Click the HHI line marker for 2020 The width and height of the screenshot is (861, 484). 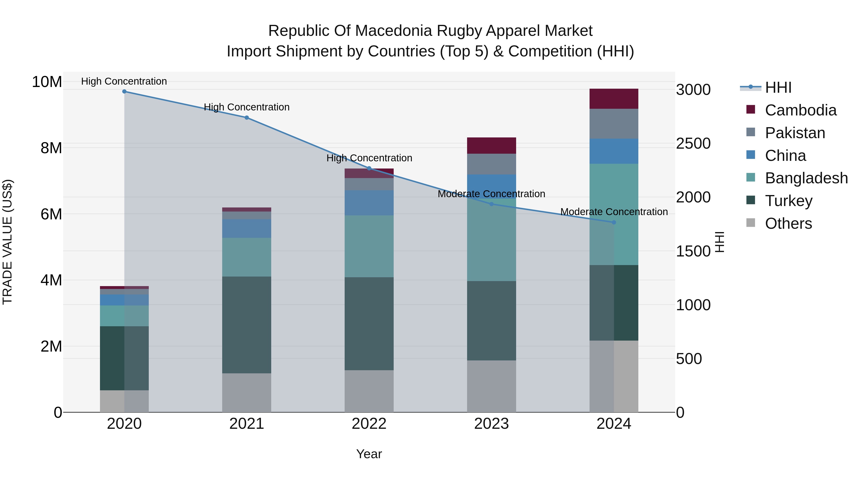124,91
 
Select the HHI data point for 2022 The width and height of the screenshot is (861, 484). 369,168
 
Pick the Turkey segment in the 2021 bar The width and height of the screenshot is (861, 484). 247,325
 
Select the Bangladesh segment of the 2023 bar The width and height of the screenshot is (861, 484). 491,240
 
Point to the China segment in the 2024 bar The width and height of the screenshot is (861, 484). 614,151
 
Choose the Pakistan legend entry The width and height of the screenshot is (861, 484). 795,133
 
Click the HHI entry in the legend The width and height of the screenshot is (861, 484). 778,87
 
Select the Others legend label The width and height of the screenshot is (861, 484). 788,223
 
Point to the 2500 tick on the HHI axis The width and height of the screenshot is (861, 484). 693,144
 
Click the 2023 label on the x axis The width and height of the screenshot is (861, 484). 491,424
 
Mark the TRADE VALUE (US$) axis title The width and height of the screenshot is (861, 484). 7,242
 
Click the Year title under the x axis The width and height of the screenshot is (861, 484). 369,454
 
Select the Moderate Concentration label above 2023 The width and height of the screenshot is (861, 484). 491,194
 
